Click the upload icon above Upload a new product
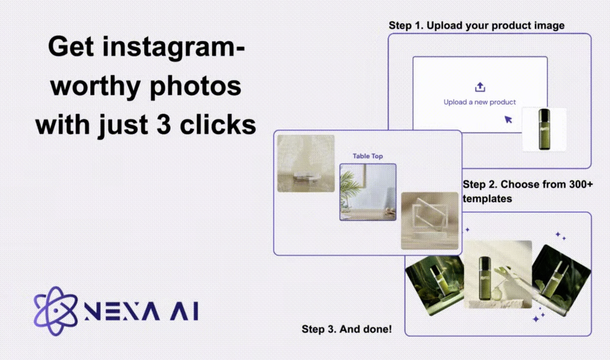point(479,87)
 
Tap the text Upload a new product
point(479,102)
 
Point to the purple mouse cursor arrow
point(508,119)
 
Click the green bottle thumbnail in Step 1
point(545,129)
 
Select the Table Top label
point(368,156)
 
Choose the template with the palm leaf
point(368,192)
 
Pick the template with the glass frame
point(429,221)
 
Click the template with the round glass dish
point(306,163)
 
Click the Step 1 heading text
point(476,26)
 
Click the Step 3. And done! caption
point(346,329)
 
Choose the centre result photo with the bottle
point(498,275)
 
